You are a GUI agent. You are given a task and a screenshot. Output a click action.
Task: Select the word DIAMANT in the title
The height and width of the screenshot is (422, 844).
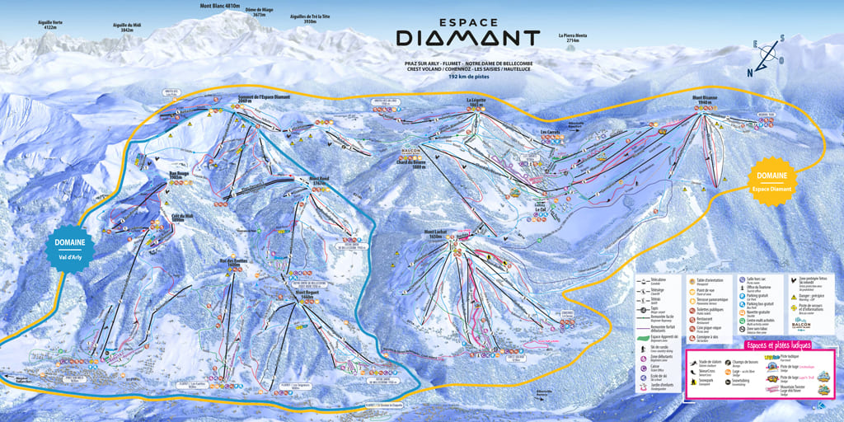pos(467,38)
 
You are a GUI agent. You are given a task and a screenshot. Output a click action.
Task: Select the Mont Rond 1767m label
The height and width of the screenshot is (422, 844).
pos(318,181)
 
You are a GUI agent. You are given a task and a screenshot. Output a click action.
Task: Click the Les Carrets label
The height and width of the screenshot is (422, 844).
pos(551,131)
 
